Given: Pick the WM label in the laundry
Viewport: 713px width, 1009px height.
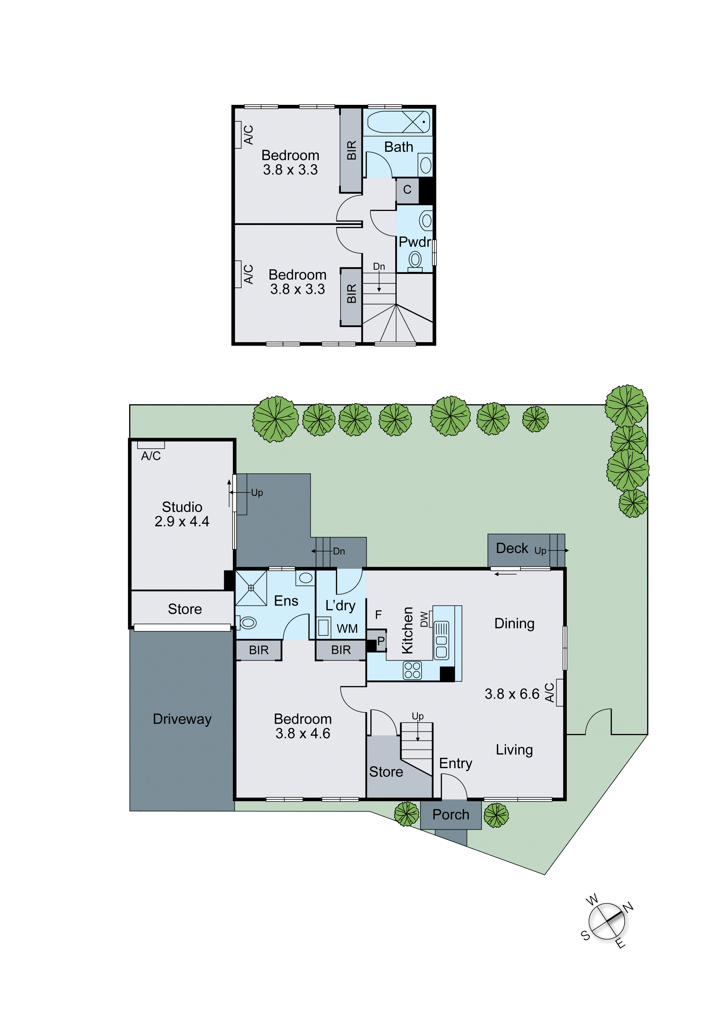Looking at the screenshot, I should pyautogui.click(x=347, y=629).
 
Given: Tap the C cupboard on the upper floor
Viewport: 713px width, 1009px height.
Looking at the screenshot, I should pyautogui.click(x=407, y=190).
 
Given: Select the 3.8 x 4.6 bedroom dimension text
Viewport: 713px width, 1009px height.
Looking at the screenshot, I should pyautogui.click(x=303, y=733).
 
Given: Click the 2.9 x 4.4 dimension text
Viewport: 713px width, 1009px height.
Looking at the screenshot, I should pyautogui.click(x=182, y=522).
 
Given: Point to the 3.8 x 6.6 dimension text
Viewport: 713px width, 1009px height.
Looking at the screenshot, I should pyautogui.click(x=512, y=694).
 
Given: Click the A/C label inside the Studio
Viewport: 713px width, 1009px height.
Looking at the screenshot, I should pyautogui.click(x=151, y=456).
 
